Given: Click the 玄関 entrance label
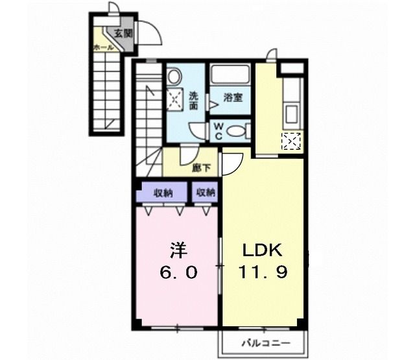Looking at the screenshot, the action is click(x=123, y=33).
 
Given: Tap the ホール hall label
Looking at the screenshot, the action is click(x=104, y=47).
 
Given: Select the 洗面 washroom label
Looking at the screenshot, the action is click(x=194, y=101).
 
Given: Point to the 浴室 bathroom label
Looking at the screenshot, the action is click(x=233, y=98).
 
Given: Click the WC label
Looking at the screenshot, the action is click(x=218, y=131).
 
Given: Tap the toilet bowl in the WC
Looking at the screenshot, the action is click(x=237, y=131).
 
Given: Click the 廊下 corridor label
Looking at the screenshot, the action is click(x=202, y=167).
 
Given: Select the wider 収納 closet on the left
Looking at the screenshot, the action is click(x=163, y=193).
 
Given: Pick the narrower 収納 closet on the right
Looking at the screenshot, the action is click(x=205, y=193).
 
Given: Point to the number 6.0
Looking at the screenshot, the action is click(x=179, y=272).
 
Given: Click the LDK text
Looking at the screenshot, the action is click(x=263, y=250).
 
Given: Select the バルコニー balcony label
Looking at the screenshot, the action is click(x=266, y=344).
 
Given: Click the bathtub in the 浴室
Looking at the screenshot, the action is click(x=230, y=74).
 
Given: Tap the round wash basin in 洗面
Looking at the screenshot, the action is click(x=174, y=77).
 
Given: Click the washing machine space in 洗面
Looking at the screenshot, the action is click(x=174, y=99).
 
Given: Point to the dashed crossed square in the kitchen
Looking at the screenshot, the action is click(x=292, y=141).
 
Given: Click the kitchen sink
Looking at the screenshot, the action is click(x=291, y=114).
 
